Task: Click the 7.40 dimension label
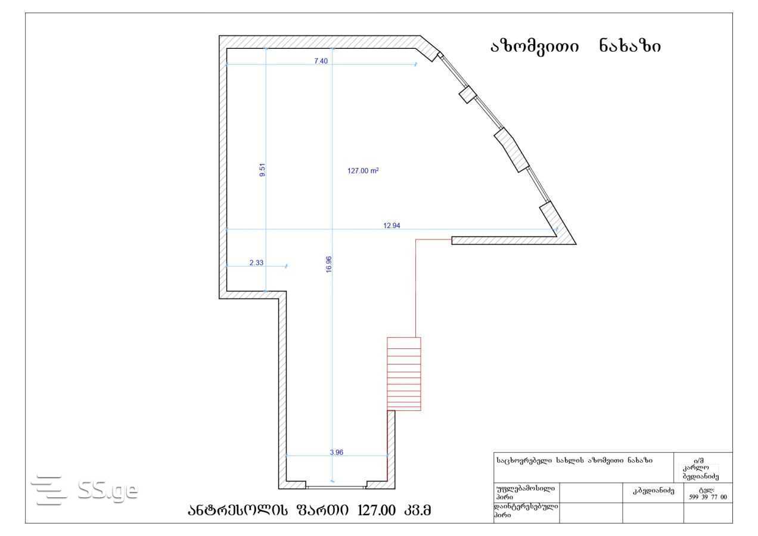(x=321, y=61)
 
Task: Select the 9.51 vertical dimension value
(x=262, y=170)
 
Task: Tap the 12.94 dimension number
(x=392, y=226)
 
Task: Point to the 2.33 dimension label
(x=256, y=263)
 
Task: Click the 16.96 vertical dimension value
(x=329, y=264)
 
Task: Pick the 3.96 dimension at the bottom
(x=336, y=453)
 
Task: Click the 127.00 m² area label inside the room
(x=363, y=171)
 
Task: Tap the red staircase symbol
(x=404, y=373)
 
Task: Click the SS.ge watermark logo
(x=85, y=490)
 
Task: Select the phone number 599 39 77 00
(x=708, y=497)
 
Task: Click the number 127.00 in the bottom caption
(x=376, y=510)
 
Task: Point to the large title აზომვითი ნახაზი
(x=576, y=46)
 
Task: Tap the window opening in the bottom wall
(x=336, y=487)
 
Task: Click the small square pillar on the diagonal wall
(x=468, y=94)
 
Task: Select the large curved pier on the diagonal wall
(x=511, y=150)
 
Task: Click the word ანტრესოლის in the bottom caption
(x=238, y=510)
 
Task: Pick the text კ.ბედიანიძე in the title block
(x=654, y=491)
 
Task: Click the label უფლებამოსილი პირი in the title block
(x=525, y=493)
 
